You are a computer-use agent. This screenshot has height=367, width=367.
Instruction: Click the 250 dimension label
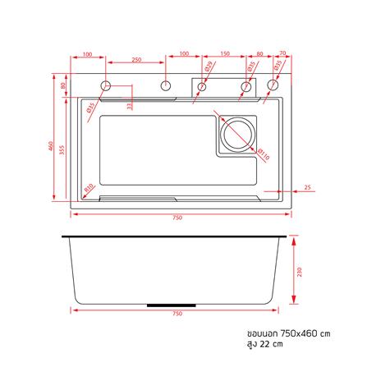(x=135, y=60)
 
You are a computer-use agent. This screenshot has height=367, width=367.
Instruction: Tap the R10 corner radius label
(x=89, y=187)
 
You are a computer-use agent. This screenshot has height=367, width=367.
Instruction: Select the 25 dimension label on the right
(x=306, y=187)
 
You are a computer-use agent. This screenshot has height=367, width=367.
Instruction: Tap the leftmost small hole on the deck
(x=106, y=85)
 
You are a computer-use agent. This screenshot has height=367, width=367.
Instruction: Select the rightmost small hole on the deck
(x=273, y=85)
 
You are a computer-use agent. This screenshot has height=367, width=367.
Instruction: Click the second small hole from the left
(x=165, y=85)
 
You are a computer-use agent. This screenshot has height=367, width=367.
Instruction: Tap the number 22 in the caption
(x=264, y=346)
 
